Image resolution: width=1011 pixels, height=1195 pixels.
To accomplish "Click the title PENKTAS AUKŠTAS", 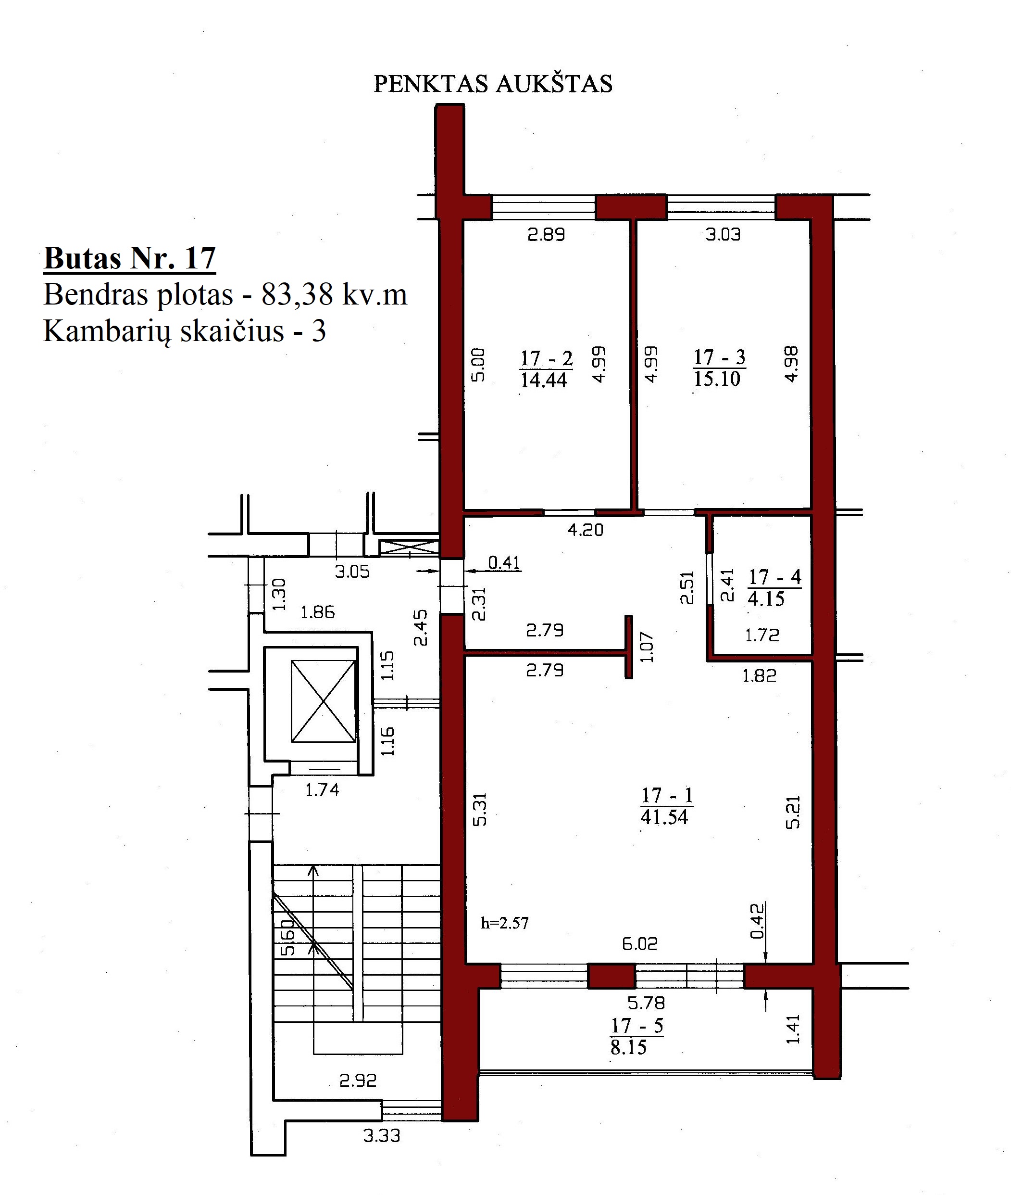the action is (493, 84).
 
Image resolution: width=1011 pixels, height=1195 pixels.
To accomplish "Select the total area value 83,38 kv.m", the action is (334, 295).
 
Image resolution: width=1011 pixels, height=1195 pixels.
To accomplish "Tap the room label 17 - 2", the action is (546, 358).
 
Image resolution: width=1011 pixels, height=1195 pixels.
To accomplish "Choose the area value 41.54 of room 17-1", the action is (664, 816).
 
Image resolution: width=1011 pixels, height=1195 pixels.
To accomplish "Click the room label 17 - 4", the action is (775, 576).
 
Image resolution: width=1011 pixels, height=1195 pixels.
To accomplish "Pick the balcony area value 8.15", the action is (629, 1048).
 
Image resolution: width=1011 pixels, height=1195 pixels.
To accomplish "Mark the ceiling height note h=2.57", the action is (505, 923).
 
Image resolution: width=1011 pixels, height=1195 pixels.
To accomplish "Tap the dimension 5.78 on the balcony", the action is (646, 1003).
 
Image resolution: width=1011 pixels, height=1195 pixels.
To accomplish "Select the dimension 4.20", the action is (585, 529).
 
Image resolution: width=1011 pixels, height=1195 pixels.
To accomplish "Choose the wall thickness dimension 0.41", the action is (504, 562).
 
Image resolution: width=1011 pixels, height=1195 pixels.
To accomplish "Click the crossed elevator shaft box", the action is (323, 701).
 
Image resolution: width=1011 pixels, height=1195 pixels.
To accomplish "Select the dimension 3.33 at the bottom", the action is (382, 1135).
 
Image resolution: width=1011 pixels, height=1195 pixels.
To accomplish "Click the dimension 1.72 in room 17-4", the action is (762, 635).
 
